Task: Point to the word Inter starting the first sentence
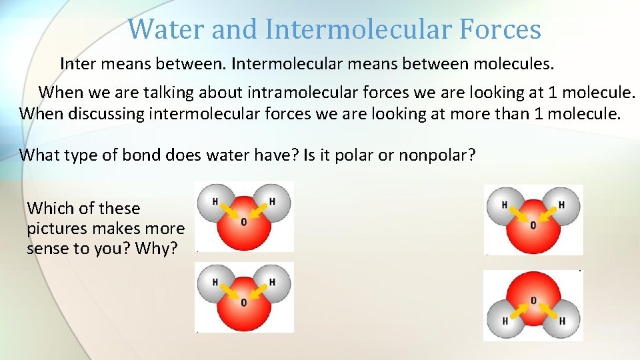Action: (x=77, y=64)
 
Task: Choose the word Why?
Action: (x=159, y=249)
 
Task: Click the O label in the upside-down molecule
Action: (x=533, y=301)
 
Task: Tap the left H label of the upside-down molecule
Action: (x=505, y=321)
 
